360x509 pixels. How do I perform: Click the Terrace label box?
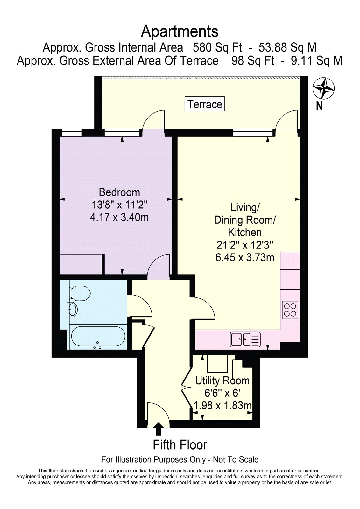(x=204, y=104)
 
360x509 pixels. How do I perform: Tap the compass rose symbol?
(x=324, y=89)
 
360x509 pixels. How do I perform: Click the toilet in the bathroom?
(x=80, y=293)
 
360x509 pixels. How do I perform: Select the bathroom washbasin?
(x=72, y=309)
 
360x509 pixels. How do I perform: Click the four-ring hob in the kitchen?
(x=290, y=310)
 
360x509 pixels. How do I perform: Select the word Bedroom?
(x=119, y=192)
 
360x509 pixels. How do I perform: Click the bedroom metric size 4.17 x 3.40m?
(x=119, y=218)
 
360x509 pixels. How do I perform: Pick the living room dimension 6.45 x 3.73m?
(x=245, y=257)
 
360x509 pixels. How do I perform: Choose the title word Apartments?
(x=180, y=31)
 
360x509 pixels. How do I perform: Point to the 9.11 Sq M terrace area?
(x=317, y=61)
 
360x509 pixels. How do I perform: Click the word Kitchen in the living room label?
(x=245, y=233)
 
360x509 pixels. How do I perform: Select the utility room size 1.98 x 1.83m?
(x=222, y=406)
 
